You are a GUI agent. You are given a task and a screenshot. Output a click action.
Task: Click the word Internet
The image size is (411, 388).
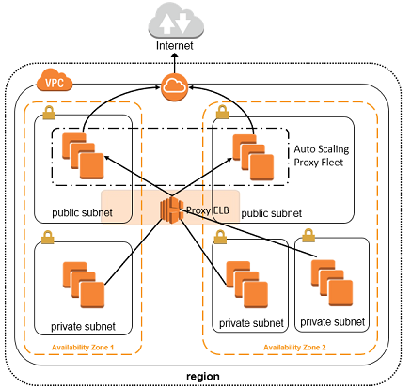(x=175, y=46)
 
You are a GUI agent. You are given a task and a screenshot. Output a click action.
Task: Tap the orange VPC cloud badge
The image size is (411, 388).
(x=55, y=81)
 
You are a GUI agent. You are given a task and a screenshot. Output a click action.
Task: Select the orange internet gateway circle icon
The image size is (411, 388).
(x=175, y=87)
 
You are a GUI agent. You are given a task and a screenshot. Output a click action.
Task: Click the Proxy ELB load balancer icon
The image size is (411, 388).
(x=171, y=210)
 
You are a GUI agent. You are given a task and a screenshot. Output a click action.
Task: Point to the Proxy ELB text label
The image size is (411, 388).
(x=208, y=210)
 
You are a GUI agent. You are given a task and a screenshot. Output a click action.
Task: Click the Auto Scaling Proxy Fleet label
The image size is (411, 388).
(x=322, y=156)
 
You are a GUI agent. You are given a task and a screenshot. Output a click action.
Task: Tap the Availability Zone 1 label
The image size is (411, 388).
(x=83, y=348)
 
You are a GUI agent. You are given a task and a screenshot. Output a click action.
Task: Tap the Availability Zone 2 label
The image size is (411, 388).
(x=294, y=348)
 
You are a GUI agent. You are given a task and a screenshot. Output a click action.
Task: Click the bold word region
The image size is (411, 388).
(x=203, y=376)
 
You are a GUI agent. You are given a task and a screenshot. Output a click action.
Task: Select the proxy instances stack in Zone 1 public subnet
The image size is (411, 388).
(x=83, y=156)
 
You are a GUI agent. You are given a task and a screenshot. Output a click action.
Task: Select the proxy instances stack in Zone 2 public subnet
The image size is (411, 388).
(x=253, y=158)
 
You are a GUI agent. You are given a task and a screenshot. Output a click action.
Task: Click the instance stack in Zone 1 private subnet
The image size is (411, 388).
(x=84, y=285)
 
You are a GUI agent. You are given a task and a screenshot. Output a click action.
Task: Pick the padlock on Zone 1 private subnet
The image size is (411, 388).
(x=48, y=238)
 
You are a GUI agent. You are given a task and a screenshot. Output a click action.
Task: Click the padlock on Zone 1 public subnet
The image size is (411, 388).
(x=49, y=113)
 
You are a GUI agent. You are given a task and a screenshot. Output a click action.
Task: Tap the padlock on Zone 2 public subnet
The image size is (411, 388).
(x=222, y=112)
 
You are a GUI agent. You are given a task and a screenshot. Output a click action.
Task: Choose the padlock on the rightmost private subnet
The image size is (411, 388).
(x=308, y=235)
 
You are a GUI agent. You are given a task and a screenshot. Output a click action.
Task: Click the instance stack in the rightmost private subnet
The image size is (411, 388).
(x=332, y=283)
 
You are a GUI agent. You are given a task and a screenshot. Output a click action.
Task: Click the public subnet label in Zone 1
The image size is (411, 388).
(x=82, y=213)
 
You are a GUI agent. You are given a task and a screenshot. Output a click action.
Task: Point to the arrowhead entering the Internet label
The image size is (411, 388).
(x=175, y=55)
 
